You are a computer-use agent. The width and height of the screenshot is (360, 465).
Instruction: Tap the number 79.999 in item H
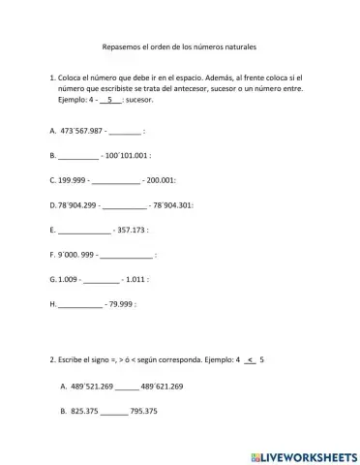click(119, 305)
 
